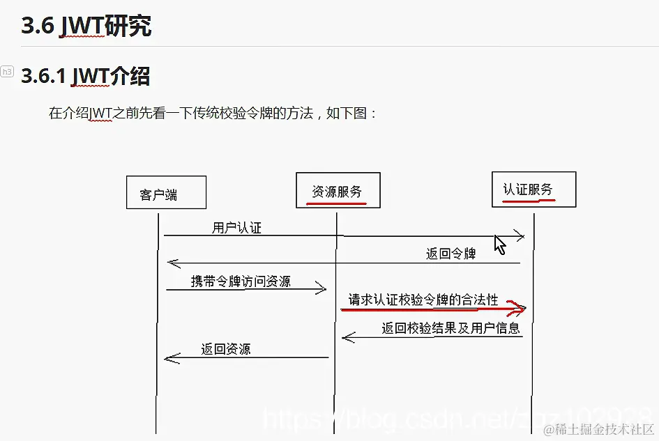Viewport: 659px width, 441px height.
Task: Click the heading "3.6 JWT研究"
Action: tap(86, 26)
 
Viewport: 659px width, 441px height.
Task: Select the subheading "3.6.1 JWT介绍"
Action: tap(85, 75)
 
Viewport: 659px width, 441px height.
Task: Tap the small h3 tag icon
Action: tap(7, 71)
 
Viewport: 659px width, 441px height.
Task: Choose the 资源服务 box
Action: tap(338, 190)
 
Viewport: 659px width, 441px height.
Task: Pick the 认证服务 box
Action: tap(533, 189)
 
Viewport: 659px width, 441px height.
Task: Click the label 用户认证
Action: tap(236, 228)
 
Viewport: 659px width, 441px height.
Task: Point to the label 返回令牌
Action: tap(450, 254)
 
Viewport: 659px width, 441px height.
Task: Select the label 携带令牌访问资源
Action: tap(241, 281)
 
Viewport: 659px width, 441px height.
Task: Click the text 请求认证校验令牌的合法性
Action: tap(423, 300)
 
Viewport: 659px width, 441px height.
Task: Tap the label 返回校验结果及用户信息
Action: tap(450, 328)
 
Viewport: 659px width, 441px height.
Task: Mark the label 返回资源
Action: tap(226, 349)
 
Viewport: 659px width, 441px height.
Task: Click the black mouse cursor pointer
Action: tap(499, 245)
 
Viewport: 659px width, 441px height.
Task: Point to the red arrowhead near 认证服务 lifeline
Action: tap(519, 309)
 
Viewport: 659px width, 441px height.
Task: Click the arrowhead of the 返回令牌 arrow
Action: tap(172, 263)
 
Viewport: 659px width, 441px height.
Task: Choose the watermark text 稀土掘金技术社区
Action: tap(600, 429)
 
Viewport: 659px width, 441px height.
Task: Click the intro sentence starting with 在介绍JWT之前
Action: tap(213, 113)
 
